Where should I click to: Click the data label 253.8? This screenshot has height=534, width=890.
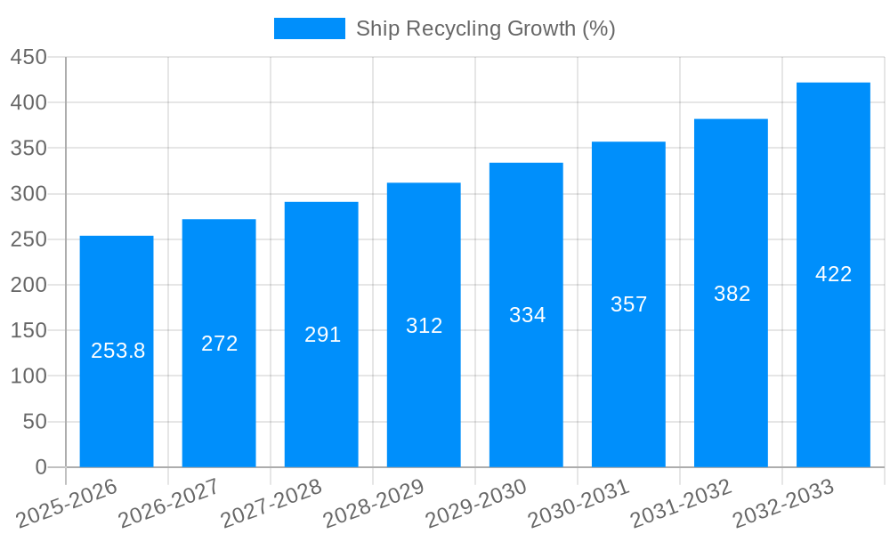[x=117, y=351]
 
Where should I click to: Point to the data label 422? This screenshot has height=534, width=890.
[x=833, y=274]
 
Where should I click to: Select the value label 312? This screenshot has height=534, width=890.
[x=424, y=326]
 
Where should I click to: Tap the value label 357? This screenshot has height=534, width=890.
[x=628, y=304]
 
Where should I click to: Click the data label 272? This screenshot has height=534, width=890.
[x=219, y=344]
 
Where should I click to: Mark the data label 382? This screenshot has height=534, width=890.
[x=732, y=294]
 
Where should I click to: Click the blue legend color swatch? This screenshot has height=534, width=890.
[x=309, y=28]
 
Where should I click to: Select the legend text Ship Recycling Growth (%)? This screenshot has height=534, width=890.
[x=485, y=28]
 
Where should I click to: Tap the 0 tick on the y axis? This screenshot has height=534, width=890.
[x=40, y=467]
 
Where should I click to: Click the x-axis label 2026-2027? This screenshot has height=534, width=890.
[x=169, y=504]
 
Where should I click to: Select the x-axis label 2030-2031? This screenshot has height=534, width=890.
[x=578, y=504]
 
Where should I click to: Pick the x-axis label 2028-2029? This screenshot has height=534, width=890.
[x=374, y=504]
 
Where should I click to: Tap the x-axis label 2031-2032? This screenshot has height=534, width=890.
[x=681, y=504]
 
